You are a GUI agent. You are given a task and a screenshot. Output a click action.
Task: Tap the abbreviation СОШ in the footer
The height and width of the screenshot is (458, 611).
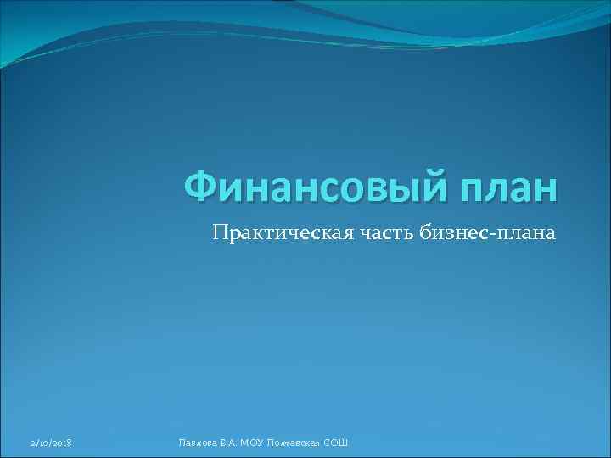pyautogui.click(x=336, y=444)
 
